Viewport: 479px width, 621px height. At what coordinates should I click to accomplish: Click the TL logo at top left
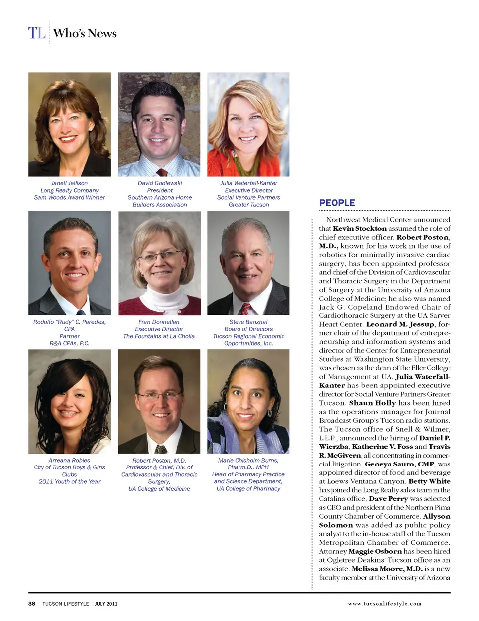pos(37,33)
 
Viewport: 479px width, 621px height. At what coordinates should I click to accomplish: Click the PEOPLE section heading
pos(337,203)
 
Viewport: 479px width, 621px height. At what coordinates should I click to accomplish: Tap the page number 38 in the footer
pos(32,604)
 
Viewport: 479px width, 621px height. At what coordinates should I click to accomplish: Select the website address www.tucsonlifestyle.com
pos(384,604)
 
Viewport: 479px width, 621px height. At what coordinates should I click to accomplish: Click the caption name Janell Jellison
pos(69,183)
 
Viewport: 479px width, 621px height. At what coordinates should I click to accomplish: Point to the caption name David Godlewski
pos(160,183)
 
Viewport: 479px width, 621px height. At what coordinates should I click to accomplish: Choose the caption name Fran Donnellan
pos(159,322)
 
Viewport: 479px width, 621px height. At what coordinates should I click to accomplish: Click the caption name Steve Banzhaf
pos(248,322)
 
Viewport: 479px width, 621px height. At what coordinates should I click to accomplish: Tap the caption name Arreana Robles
pos(69,461)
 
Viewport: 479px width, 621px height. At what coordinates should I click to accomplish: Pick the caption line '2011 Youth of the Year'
pos(69,482)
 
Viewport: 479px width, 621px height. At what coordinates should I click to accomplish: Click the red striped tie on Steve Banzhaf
pos(246,310)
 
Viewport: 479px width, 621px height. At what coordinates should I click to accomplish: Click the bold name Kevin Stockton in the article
pos(360,229)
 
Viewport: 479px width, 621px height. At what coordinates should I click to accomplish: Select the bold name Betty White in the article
pos(429,481)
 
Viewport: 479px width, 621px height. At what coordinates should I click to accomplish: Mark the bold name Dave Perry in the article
pos(388,499)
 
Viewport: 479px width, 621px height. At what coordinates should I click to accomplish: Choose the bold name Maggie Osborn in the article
pos(375,551)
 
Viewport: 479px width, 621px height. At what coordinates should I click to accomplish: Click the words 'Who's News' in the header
pos(85,33)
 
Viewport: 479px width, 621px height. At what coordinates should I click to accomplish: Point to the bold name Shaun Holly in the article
pos(372,403)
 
